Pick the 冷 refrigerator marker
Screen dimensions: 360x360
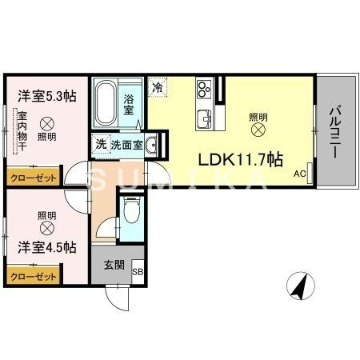(x=158, y=87)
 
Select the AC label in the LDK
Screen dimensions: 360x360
(x=300, y=174)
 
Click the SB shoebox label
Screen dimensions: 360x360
(x=137, y=272)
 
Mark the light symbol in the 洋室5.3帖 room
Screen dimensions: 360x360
(x=46, y=124)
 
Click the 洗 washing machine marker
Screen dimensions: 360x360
(x=101, y=145)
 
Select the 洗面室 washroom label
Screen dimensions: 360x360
(x=126, y=145)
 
